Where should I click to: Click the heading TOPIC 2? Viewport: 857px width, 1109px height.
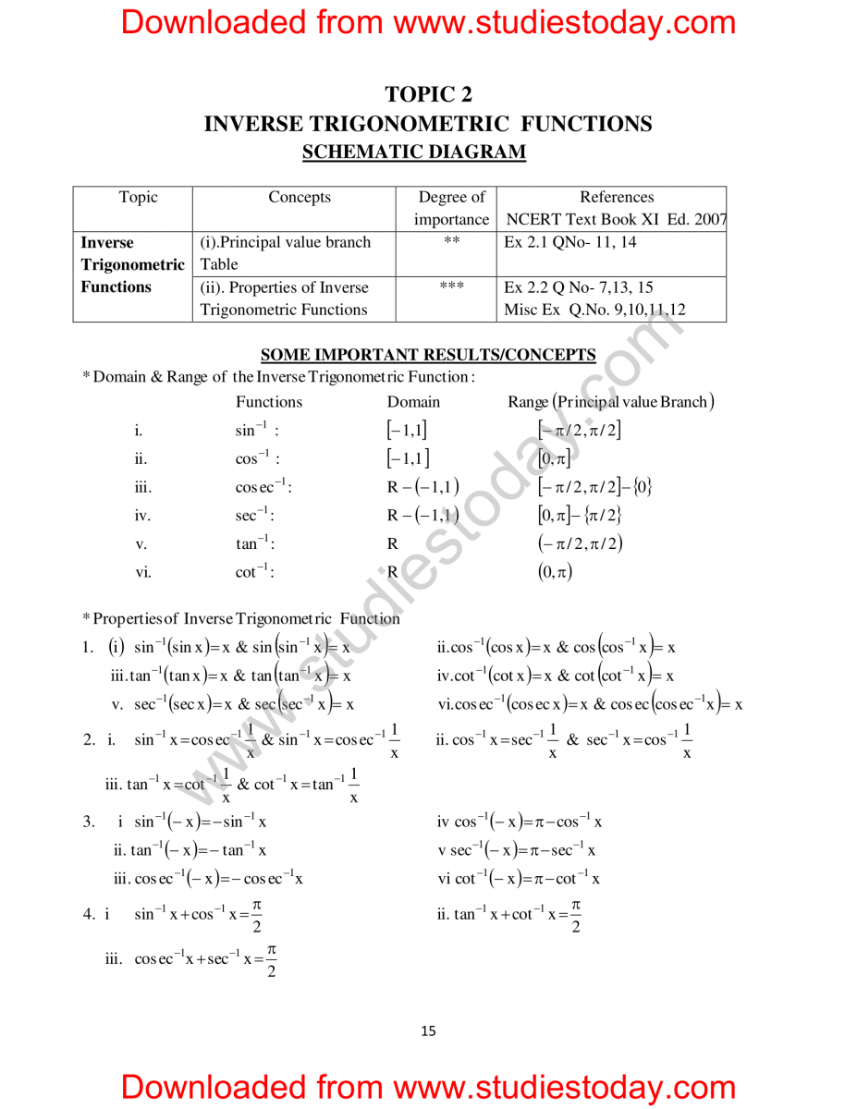[428, 94]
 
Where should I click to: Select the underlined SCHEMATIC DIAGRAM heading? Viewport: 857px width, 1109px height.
[414, 152]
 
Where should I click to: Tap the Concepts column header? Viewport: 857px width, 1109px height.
[299, 197]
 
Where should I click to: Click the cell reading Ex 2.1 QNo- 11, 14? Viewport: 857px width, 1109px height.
[569, 242]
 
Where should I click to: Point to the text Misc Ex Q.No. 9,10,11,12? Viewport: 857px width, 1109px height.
[594, 310]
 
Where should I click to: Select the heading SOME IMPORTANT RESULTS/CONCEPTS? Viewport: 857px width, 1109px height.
[428, 355]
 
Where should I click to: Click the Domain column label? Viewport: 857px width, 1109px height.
[413, 402]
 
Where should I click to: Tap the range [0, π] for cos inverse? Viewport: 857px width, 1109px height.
[554, 458]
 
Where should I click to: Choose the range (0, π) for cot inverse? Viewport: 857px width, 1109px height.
[555, 572]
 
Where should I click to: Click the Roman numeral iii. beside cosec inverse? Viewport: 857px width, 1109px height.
[142, 487]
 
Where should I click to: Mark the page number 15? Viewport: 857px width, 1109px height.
[428, 1031]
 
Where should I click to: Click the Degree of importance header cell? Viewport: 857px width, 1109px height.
[451, 208]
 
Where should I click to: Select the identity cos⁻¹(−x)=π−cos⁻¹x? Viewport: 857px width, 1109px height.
[520, 822]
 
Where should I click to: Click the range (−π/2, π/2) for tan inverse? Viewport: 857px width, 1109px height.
[580, 543]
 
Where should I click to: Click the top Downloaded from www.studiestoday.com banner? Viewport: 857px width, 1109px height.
[428, 22]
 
